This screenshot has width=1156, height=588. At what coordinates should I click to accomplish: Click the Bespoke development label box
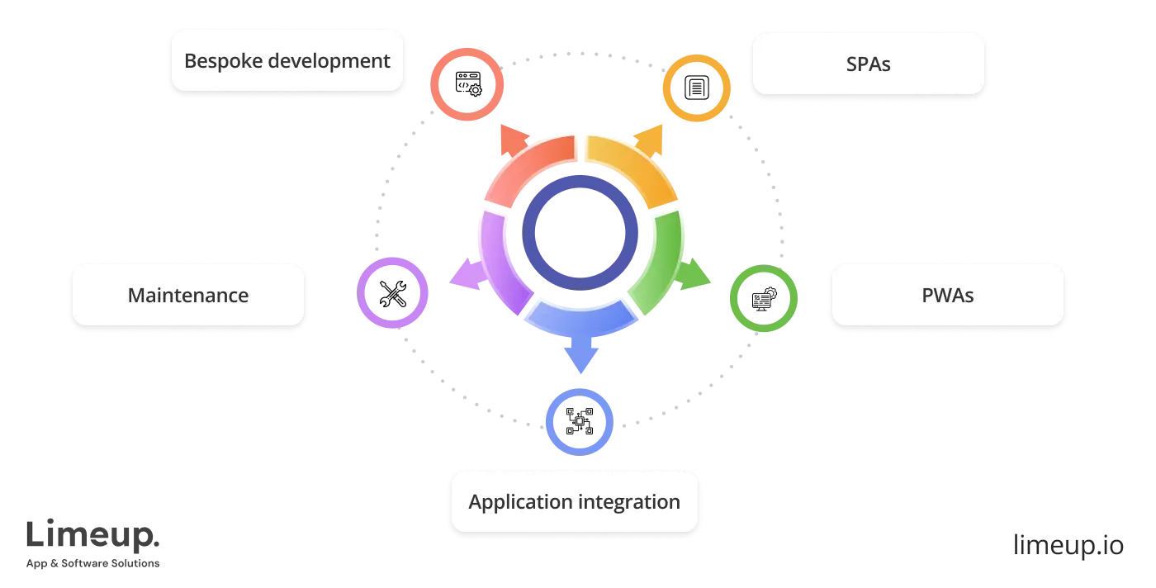[287, 60]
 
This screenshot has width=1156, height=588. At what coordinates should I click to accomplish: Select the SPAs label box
[868, 64]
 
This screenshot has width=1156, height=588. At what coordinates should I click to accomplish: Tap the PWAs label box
[947, 295]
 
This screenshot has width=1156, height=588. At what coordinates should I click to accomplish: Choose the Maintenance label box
[188, 295]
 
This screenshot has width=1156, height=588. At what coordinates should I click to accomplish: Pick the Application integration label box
[575, 501]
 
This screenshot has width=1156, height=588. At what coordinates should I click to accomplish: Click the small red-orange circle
[467, 85]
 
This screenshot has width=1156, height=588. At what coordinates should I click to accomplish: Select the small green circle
[763, 298]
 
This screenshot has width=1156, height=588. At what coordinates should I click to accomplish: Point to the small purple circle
[393, 293]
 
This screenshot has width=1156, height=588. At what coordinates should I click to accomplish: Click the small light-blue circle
[580, 421]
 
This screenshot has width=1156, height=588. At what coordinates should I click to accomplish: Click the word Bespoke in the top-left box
[217, 60]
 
